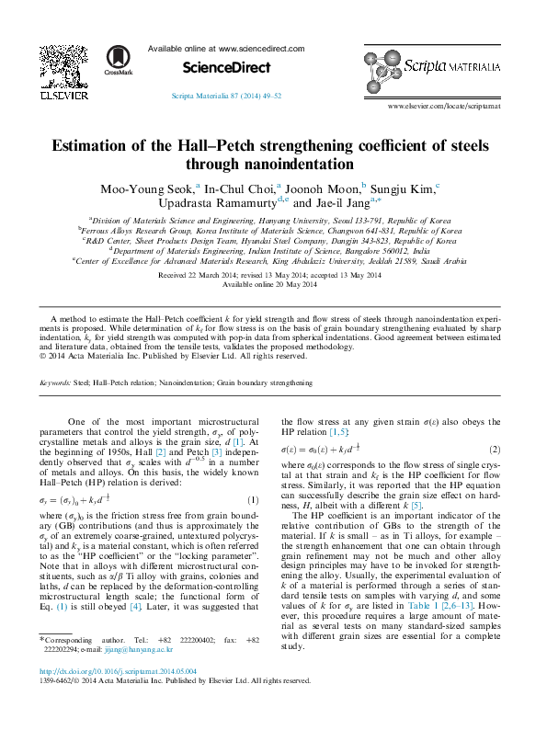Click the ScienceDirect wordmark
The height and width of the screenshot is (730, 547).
pyautogui.click(x=227, y=67)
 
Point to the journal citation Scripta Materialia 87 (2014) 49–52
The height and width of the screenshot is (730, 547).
pyautogui.click(x=226, y=95)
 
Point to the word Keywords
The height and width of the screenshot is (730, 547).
pyautogui.click(x=56, y=381)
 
